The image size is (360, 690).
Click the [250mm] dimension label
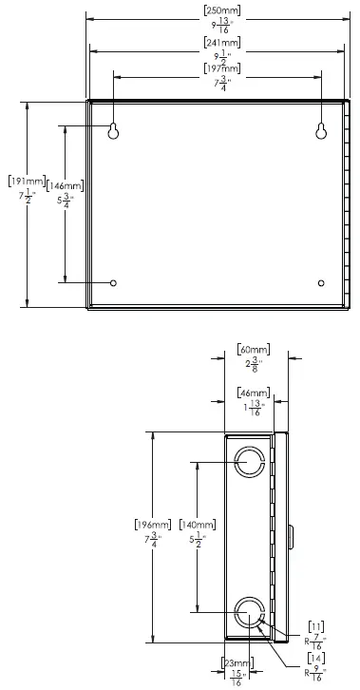point(221,10)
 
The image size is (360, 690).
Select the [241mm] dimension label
point(221,44)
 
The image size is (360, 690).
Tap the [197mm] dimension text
point(221,67)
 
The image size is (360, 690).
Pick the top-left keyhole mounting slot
point(114,131)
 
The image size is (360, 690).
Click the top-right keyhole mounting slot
point(321,131)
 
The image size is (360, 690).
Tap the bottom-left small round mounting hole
point(114,282)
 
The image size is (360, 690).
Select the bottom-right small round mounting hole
point(321,282)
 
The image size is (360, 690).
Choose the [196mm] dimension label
point(155,524)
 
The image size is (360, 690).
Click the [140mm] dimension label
point(199,524)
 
